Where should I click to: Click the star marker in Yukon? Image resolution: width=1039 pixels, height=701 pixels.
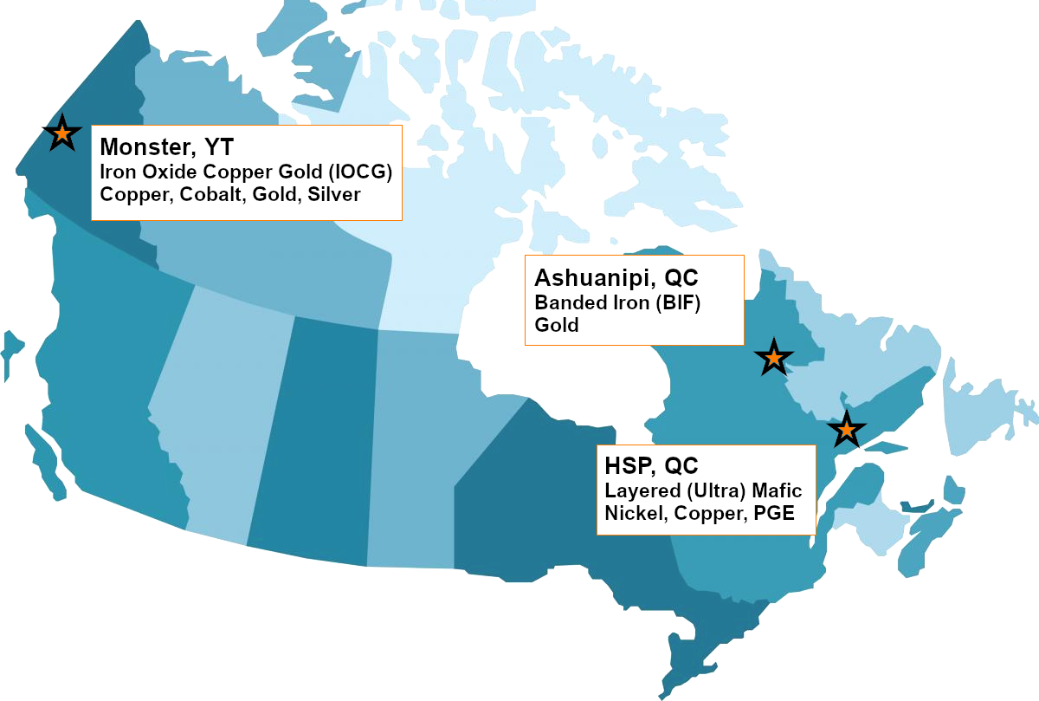click(61, 134)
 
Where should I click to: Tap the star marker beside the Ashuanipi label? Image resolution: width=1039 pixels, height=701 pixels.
click(773, 357)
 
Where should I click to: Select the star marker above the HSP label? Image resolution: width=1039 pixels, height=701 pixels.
click(846, 429)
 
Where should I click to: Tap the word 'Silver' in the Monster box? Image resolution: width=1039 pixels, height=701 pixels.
click(334, 194)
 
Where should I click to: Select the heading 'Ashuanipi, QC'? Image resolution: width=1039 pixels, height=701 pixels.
click(616, 278)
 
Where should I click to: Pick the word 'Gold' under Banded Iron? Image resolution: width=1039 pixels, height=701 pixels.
click(557, 325)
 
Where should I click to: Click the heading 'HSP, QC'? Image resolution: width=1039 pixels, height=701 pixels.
click(651, 467)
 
